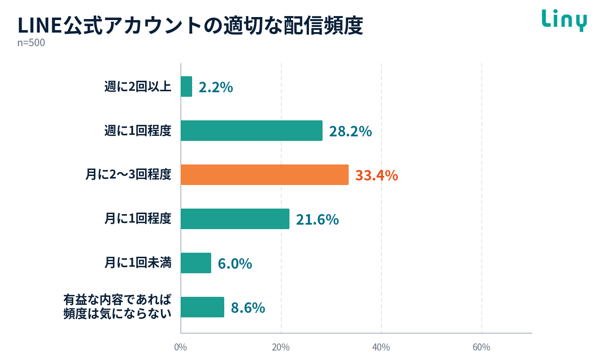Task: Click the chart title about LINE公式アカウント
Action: (190, 26)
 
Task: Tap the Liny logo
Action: (564, 21)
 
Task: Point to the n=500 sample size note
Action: (31, 43)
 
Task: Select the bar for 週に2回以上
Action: (186, 87)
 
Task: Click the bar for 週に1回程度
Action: (251, 130)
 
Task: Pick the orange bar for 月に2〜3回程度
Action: (264, 174)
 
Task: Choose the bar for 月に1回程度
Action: (235, 219)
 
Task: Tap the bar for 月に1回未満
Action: (196, 263)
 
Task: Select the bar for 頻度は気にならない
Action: (202, 307)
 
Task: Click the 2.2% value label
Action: (216, 87)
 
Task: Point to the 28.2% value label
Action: (351, 131)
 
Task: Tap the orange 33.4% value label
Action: (377, 175)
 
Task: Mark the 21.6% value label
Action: (318, 220)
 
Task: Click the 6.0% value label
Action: (235, 264)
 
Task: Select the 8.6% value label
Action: (248, 308)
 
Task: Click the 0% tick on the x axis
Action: (181, 347)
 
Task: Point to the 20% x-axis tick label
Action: (281, 347)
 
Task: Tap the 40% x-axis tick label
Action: (381, 347)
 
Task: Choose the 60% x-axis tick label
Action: (482, 347)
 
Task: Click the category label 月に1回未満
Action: (138, 263)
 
